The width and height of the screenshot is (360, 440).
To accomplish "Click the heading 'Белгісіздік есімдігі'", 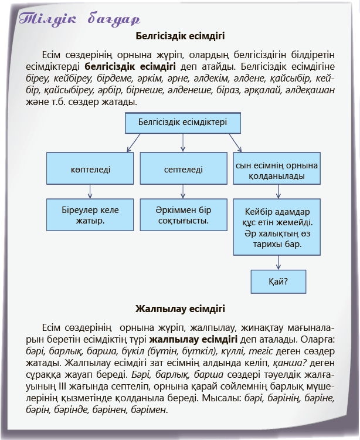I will pos(180,35).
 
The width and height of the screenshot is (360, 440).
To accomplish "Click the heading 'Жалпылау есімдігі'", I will pos(180,308).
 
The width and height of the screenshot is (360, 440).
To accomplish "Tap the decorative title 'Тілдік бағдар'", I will pos(79,18).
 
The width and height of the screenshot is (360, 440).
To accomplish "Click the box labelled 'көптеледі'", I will pos(90,169).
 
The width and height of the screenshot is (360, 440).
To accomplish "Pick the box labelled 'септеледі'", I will pos(183,169).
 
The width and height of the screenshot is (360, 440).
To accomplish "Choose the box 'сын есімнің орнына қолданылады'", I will pos(277,170).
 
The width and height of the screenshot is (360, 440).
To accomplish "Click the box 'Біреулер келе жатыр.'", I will pos(90,215).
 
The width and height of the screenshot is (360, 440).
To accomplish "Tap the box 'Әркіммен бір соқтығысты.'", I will pos(183,215).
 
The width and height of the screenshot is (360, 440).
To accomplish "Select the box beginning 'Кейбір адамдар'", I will pos(277,228).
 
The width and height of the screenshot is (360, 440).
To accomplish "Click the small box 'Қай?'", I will pos(278,281).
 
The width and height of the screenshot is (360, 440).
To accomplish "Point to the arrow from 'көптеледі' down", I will pos(90,191).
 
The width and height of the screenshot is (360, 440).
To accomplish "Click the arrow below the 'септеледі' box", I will pos(183,191).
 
